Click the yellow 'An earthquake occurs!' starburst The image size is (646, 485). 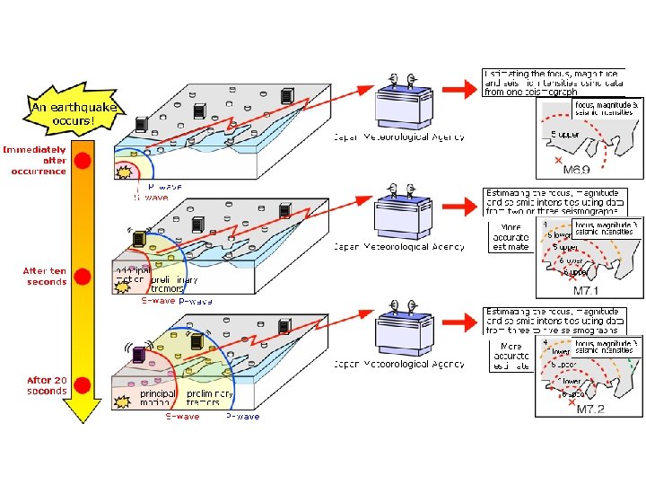[64, 113]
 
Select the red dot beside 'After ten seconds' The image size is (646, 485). [83, 276]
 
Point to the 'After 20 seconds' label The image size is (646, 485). [47, 385]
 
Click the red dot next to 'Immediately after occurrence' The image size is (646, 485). [83, 162]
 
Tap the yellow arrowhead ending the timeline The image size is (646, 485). [83, 409]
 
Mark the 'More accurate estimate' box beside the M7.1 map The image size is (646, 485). [511, 237]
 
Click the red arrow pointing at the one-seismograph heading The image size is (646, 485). [457, 87]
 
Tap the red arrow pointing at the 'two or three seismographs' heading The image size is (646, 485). [457, 208]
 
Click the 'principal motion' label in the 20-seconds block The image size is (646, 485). [158, 398]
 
